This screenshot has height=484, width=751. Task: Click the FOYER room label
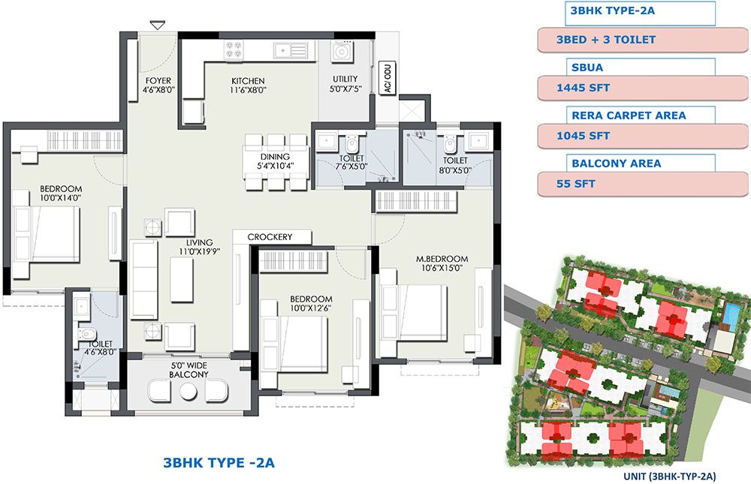click(x=158, y=81)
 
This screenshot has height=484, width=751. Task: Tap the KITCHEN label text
click(x=248, y=81)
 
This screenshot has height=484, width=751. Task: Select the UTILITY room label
click(x=345, y=79)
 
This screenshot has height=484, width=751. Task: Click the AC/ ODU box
click(x=388, y=77)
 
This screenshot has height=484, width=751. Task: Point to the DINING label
click(x=275, y=157)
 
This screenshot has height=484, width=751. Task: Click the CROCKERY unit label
click(x=270, y=236)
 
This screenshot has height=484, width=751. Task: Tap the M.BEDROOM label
click(x=442, y=259)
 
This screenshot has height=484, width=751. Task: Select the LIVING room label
click(x=199, y=242)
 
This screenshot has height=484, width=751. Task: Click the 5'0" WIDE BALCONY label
click(x=189, y=370)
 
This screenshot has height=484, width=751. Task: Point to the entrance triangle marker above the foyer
click(x=158, y=25)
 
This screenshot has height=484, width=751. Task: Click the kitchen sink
click(x=290, y=50)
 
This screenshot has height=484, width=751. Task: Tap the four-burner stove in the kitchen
click(x=234, y=50)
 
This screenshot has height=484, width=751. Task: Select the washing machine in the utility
click(x=342, y=51)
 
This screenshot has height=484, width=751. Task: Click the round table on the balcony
click(x=189, y=391)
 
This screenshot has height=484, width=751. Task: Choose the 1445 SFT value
click(x=583, y=88)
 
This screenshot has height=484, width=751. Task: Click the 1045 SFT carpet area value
click(x=583, y=136)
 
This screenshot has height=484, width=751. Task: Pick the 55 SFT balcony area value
click(x=576, y=184)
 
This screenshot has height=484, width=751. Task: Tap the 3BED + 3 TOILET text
click(x=606, y=40)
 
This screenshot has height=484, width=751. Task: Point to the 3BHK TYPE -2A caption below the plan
click(x=219, y=462)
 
